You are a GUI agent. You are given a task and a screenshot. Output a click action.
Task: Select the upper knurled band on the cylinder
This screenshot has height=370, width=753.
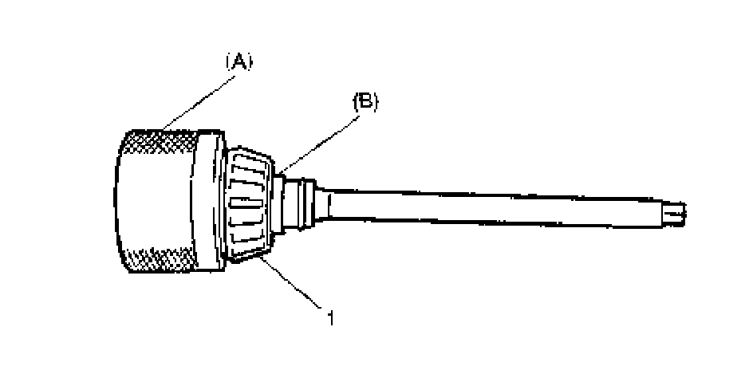[x=164, y=143]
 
